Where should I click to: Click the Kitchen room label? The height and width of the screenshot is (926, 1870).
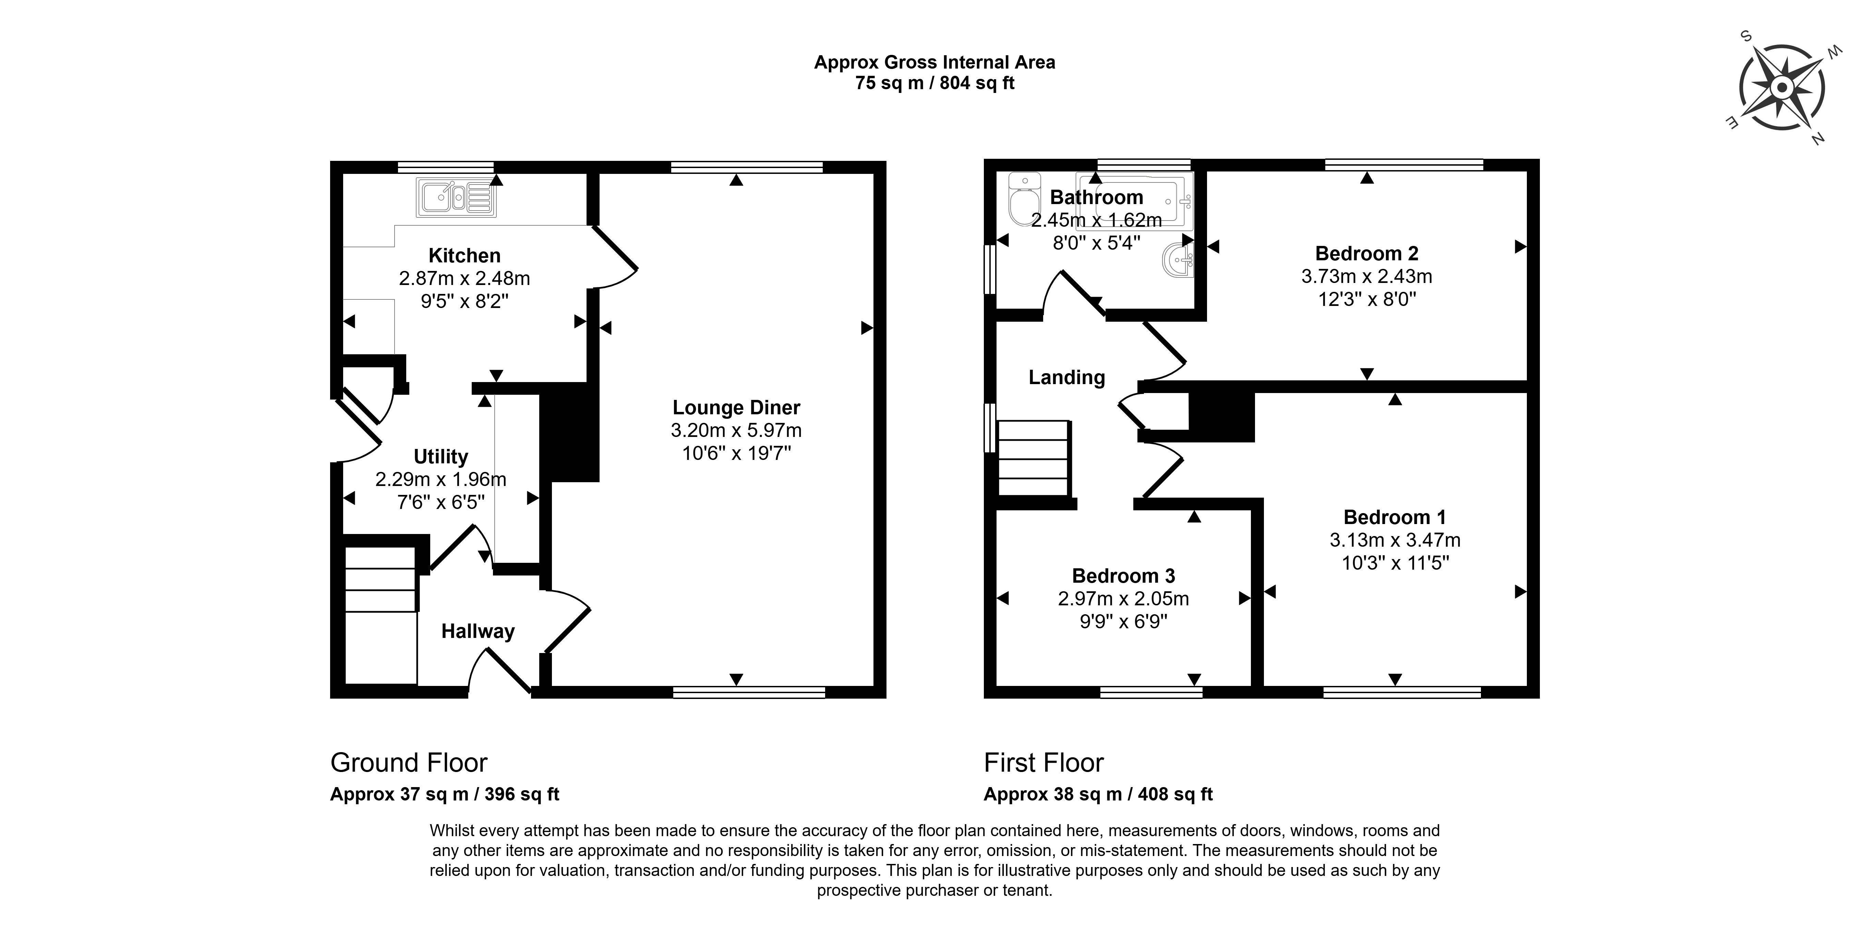[x=465, y=256]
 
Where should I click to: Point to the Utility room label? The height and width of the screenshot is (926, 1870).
[x=441, y=457]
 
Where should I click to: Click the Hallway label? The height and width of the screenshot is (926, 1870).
[x=478, y=631]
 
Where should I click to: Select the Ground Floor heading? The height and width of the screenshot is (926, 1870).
[x=409, y=763]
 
